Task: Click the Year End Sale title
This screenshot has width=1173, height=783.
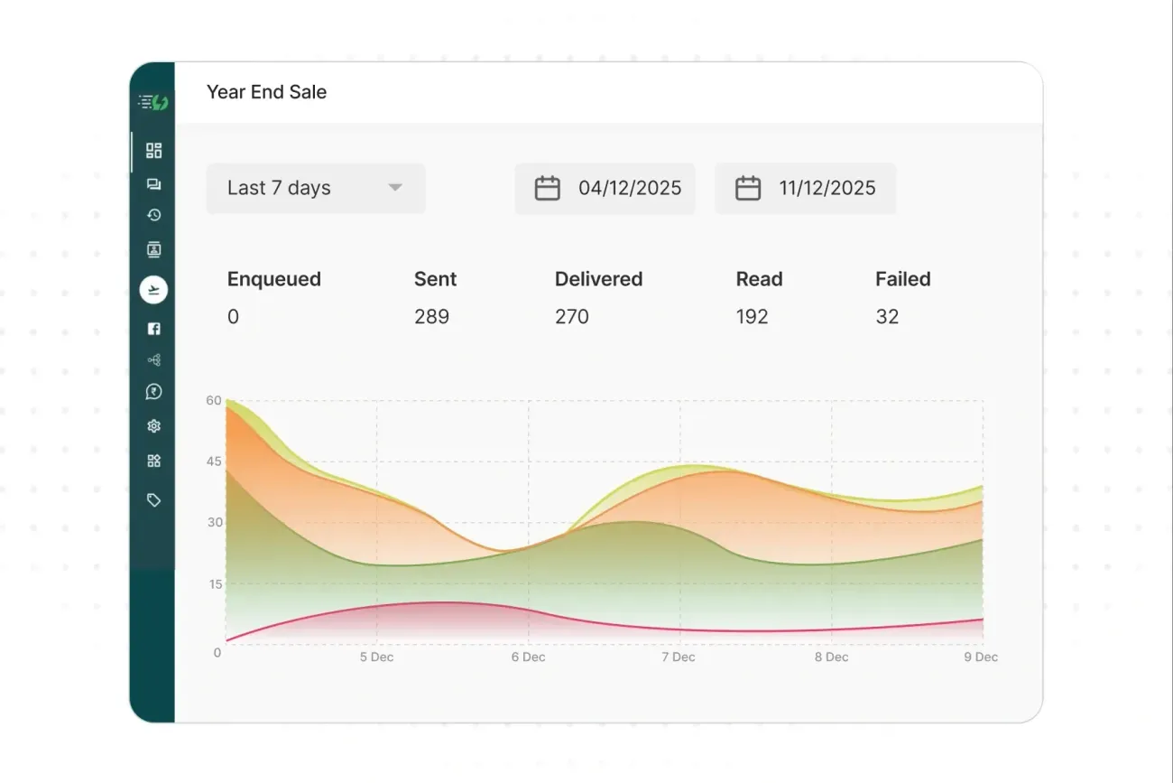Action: [x=266, y=92]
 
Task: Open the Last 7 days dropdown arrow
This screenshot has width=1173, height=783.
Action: [x=394, y=188]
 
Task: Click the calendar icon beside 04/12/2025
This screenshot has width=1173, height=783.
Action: [x=548, y=188]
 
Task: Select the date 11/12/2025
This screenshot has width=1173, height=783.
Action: [x=827, y=188]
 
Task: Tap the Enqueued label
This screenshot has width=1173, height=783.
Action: [x=273, y=279]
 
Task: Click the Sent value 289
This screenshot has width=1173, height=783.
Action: [x=431, y=317]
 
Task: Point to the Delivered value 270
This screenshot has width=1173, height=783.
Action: [x=571, y=317]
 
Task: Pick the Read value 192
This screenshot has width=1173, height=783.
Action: [x=752, y=317]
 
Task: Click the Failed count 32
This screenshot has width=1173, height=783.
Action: [x=887, y=317]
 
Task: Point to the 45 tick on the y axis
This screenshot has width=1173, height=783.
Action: [x=214, y=461]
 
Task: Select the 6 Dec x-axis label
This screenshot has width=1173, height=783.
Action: [x=528, y=657]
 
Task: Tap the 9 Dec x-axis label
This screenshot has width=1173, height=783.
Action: [x=980, y=657]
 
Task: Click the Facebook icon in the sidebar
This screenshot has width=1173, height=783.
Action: [x=153, y=329]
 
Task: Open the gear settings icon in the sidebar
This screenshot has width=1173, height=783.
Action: [x=153, y=426]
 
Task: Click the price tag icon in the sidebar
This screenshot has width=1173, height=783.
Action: [x=153, y=499]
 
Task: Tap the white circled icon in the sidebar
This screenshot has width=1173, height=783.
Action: [x=153, y=290]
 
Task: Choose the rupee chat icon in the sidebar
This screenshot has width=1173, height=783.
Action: [x=153, y=392]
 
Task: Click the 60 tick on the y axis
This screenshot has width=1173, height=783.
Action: [x=214, y=400]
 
